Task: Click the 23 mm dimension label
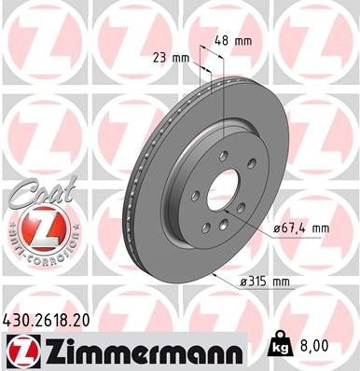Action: tap(171, 57)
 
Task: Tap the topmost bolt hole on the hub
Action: tap(225, 153)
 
